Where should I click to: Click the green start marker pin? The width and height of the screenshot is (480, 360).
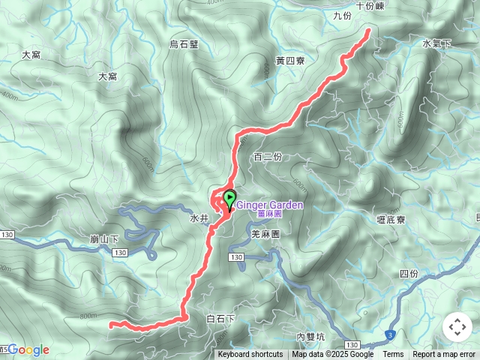pyautogui.click(x=229, y=199)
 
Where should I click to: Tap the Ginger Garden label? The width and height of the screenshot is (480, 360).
pyautogui.click(x=271, y=205)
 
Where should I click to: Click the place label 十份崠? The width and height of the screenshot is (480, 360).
pyautogui.click(x=370, y=4)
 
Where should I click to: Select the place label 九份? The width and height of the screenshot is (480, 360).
pyautogui.click(x=341, y=15)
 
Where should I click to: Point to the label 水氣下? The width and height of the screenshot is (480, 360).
pyautogui.click(x=437, y=43)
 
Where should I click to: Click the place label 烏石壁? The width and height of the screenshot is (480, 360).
pyautogui.click(x=184, y=44)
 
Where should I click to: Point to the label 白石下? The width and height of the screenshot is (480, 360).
pyautogui.click(x=220, y=319)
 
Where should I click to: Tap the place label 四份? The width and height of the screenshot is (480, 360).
pyautogui.click(x=409, y=274)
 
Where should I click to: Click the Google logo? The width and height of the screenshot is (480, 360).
pyautogui.click(x=28, y=349)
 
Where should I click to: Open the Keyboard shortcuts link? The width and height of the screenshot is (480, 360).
pyautogui.click(x=250, y=355)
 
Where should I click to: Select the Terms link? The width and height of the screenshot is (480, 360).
pyautogui.click(x=393, y=355)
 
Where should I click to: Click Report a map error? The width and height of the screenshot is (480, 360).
pyautogui.click(x=445, y=355)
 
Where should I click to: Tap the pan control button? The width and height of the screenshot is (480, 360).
pyautogui.click(x=457, y=327)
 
